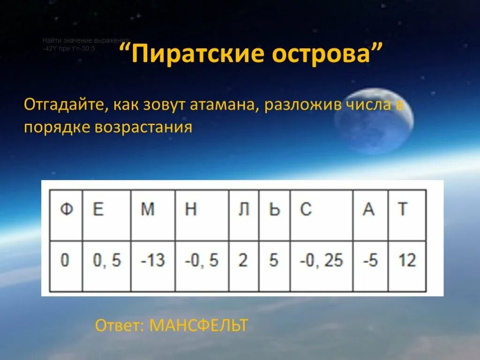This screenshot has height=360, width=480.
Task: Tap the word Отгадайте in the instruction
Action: click(x=66, y=105)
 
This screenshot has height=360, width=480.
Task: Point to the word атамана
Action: click(x=222, y=105)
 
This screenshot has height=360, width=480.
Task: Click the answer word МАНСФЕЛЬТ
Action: click(x=198, y=325)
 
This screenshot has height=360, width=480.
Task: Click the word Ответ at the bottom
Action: click(x=120, y=325)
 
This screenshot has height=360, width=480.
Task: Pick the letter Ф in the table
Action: click(x=67, y=210)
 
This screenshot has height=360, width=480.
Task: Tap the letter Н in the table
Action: click(x=190, y=210)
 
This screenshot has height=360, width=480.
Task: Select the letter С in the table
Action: click(x=306, y=210)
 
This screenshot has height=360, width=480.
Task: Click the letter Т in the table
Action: click(x=402, y=210)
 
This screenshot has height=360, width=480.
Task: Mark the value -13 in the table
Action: click(x=153, y=259)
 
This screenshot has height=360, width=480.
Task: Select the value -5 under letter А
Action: click(x=370, y=259)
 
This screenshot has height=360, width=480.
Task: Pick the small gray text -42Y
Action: click(x=49, y=48)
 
